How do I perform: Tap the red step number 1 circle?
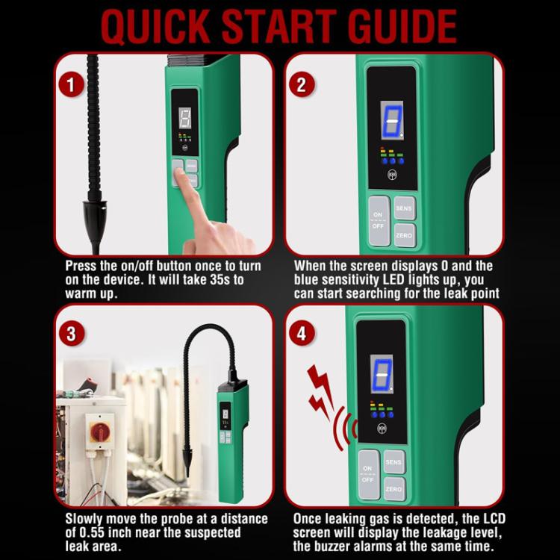(71, 84)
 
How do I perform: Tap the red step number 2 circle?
(302, 84)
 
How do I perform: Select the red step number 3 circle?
(71, 334)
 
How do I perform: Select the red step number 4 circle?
(302, 334)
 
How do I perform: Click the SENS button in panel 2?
(404, 208)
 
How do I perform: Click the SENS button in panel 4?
(393, 462)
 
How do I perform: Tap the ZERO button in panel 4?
(393, 489)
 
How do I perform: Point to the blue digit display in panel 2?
(391, 120)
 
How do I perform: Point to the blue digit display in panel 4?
(382, 374)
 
